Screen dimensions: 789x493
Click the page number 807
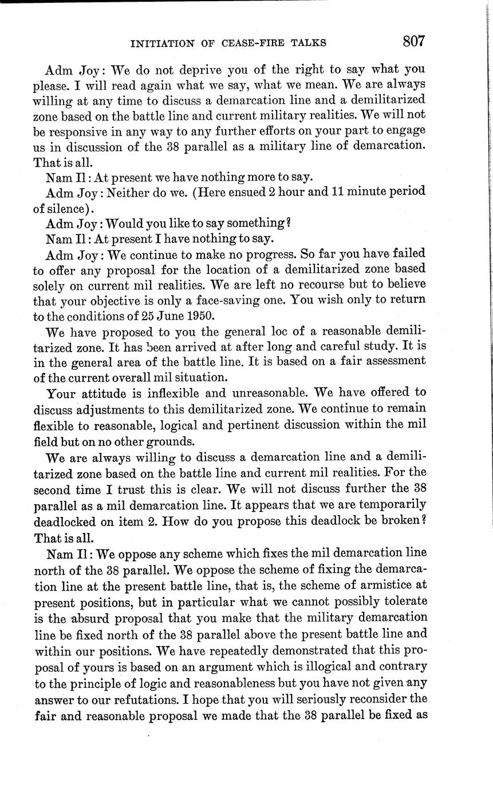tap(413, 41)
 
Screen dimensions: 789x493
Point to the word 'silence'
tap(58, 206)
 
